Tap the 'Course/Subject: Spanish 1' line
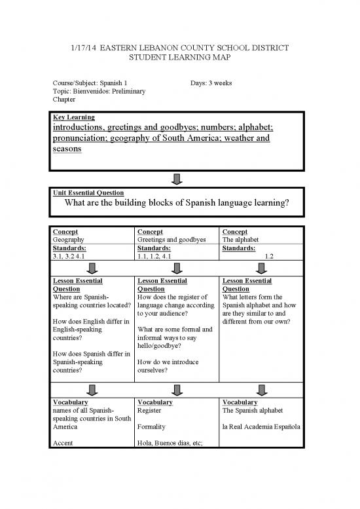click(x=94, y=84)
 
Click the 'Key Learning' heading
click(x=73, y=117)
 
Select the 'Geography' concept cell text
click(x=67, y=240)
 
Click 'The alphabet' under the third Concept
click(x=242, y=240)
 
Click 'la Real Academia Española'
click(x=260, y=426)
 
